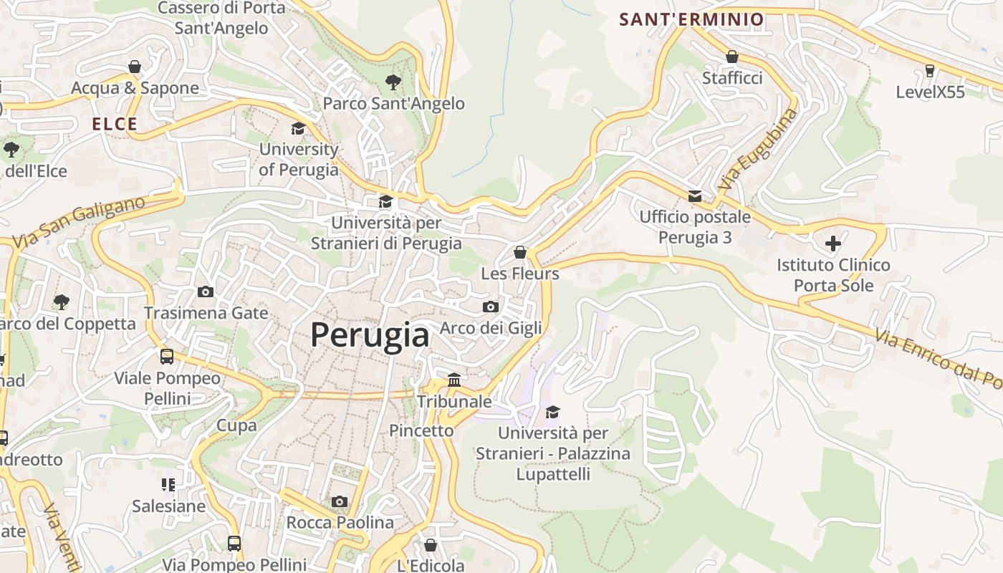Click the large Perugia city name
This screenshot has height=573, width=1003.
(370, 335)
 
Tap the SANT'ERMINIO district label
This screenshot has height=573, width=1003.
(691, 19)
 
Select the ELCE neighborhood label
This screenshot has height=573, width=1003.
(115, 124)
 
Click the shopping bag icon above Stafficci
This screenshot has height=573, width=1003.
(731, 57)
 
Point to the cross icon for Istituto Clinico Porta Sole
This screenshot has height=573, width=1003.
(832, 244)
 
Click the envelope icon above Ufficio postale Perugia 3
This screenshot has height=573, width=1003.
(694, 196)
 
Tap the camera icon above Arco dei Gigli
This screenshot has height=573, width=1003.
(490, 307)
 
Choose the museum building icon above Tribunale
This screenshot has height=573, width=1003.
(454, 380)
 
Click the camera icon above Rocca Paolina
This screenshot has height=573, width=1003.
(340, 501)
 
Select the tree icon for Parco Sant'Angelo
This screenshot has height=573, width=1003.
(393, 82)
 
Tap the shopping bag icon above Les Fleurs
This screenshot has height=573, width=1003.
(520, 252)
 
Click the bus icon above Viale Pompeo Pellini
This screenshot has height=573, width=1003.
(167, 356)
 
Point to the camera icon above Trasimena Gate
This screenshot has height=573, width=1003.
(206, 292)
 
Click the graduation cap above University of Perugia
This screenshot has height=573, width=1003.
(298, 128)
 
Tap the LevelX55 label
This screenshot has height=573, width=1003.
(930, 92)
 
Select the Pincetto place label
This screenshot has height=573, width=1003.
(421, 430)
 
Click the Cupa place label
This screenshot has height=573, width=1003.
(236, 425)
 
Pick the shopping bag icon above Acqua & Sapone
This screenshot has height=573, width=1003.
(135, 67)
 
